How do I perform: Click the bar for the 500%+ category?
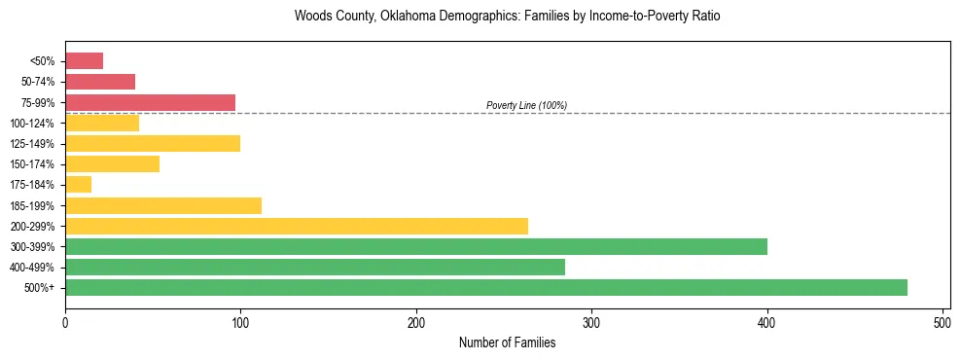click(486, 287)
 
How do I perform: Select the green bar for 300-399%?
click(416, 246)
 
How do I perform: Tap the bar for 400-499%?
click(315, 267)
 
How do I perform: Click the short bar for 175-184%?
click(79, 184)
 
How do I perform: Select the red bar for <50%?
click(84, 61)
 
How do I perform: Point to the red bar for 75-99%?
click(150, 102)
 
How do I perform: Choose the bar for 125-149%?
click(153, 143)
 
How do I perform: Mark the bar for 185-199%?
click(163, 205)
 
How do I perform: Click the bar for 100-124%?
click(102, 123)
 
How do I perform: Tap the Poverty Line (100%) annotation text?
click(526, 105)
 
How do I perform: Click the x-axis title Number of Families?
click(507, 342)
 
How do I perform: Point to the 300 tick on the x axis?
click(591, 320)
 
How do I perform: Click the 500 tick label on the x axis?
click(943, 320)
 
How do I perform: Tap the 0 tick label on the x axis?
click(65, 320)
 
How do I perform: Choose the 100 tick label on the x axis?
click(240, 320)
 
